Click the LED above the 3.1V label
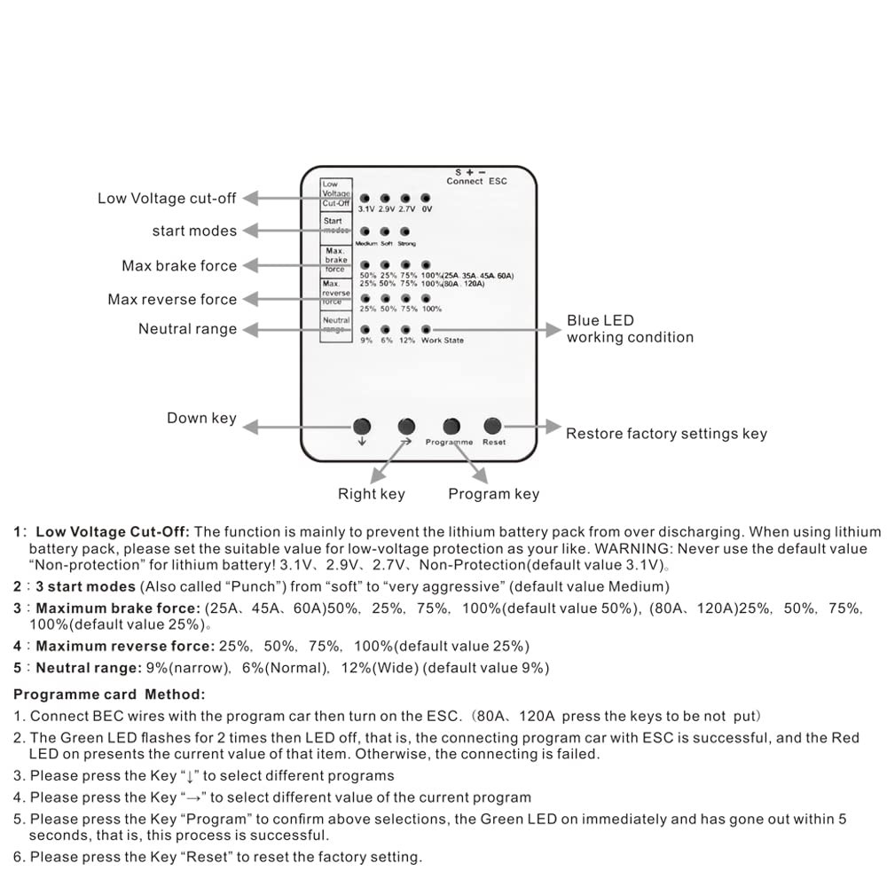[x=365, y=199]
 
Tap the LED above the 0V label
[x=426, y=199]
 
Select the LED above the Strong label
[x=405, y=232]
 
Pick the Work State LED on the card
[x=426, y=330]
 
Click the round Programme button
[x=451, y=425]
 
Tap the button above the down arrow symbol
[x=362, y=425]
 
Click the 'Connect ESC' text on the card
[x=477, y=181]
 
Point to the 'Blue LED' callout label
[x=600, y=320]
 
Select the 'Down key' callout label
[x=201, y=418]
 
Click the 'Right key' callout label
[x=371, y=494]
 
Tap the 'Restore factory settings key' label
[x=666, y=434]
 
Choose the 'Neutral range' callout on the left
[x=187, y=329]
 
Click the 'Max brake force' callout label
[x=179, y=266]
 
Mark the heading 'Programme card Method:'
[x=109, y=694]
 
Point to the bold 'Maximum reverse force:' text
[x=125, y=646]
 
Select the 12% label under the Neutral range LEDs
[x=406, y=341]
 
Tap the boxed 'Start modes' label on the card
[x=334, y=225]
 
